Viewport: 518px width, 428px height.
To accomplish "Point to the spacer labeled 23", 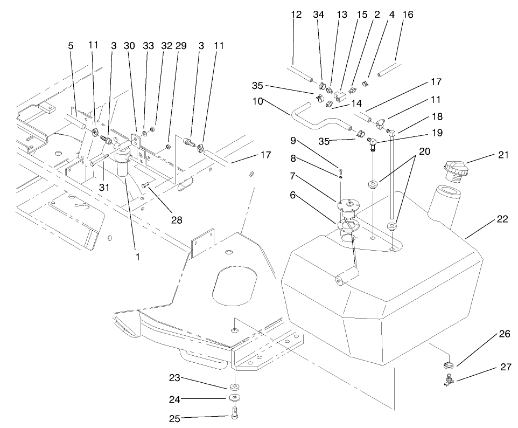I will tap(234, 387).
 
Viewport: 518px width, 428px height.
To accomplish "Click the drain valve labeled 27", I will tap(447, 382).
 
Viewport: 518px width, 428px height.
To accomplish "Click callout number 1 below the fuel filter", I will tap(137, 257).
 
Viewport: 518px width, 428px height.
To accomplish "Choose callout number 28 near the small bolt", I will tap(177, 219).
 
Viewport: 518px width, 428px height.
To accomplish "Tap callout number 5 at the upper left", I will tap(70, 46).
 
